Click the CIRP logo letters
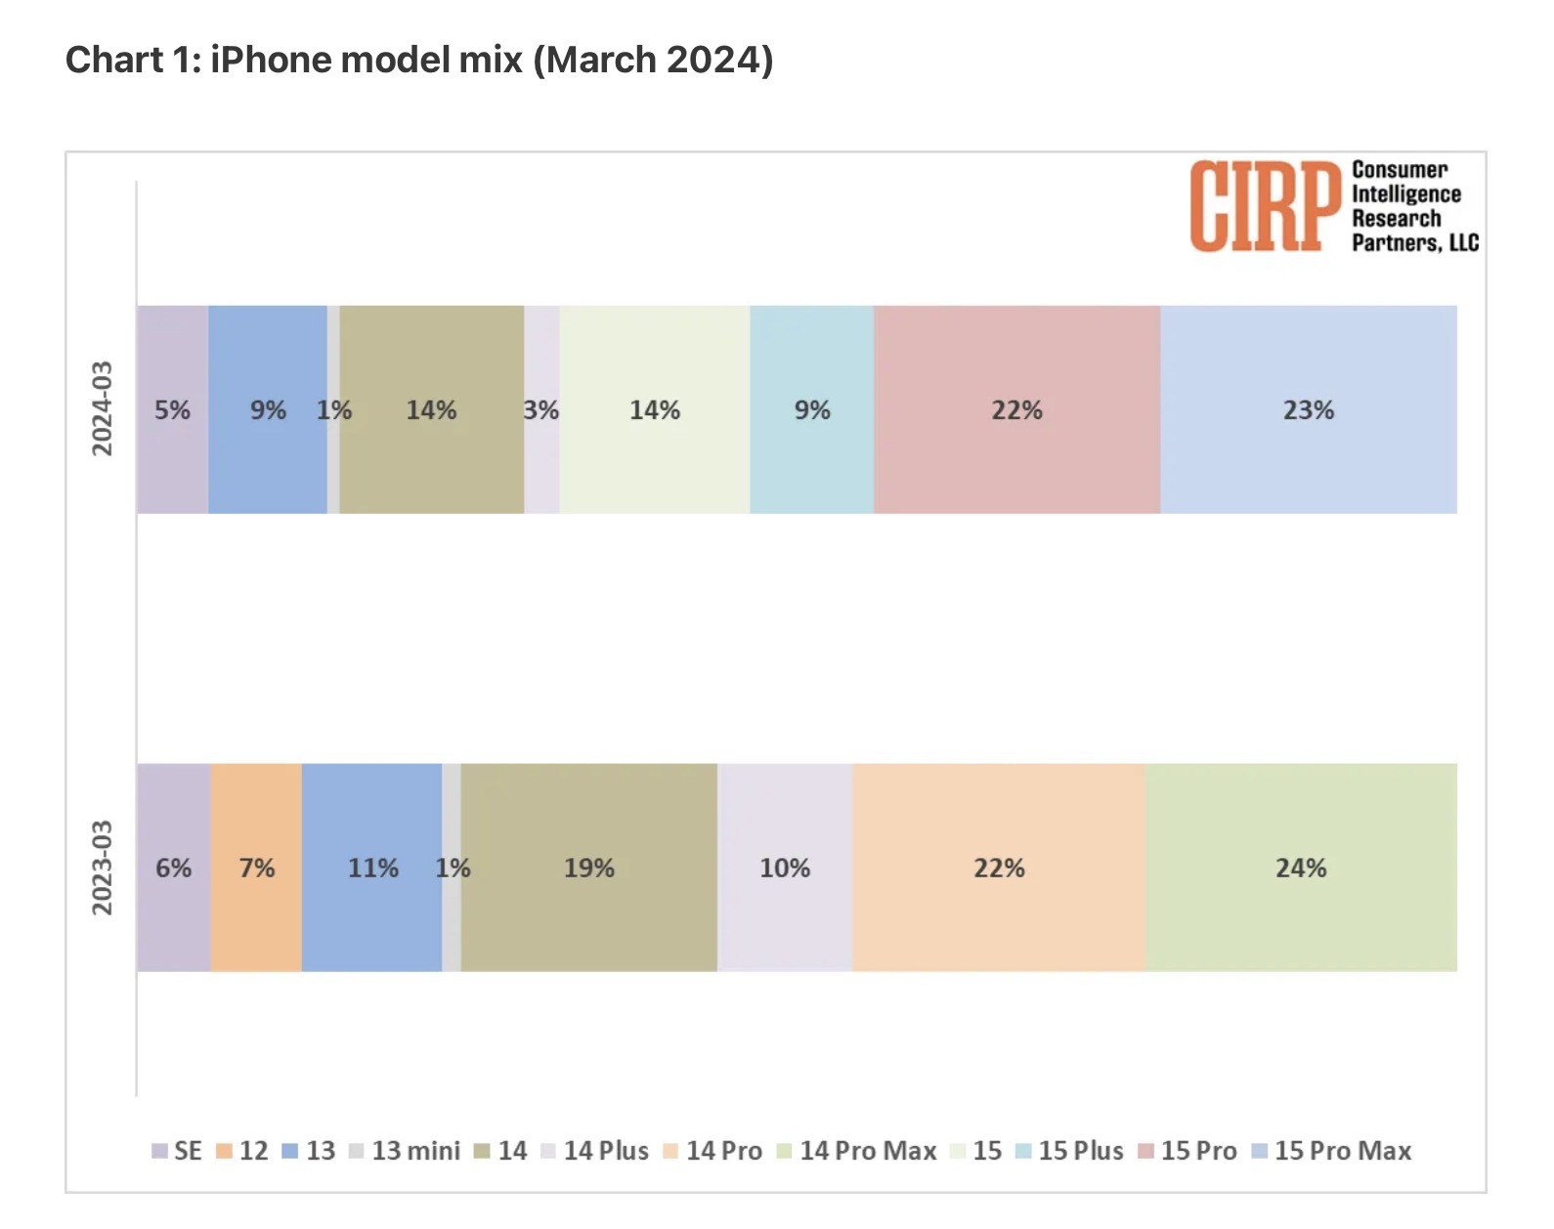coord(1264,206)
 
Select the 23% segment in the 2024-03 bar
coord(1308,410)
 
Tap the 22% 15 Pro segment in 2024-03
coord(1016,410)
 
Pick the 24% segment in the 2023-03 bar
coord(1301,868)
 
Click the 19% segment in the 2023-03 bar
coord(588,868)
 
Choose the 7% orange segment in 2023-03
coord(256,868)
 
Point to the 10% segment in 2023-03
coord(785,868)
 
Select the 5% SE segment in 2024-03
coord(172,410)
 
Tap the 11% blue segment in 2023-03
coord(372,868)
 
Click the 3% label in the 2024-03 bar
coord(541,410)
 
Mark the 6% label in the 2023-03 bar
coord(174,868)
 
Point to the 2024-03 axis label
coord(103,408)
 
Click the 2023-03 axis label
coord(103,868)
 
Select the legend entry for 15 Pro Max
coord(1332,1151)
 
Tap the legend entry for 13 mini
coord(405,1151)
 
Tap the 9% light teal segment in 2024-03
coord(811,410)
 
